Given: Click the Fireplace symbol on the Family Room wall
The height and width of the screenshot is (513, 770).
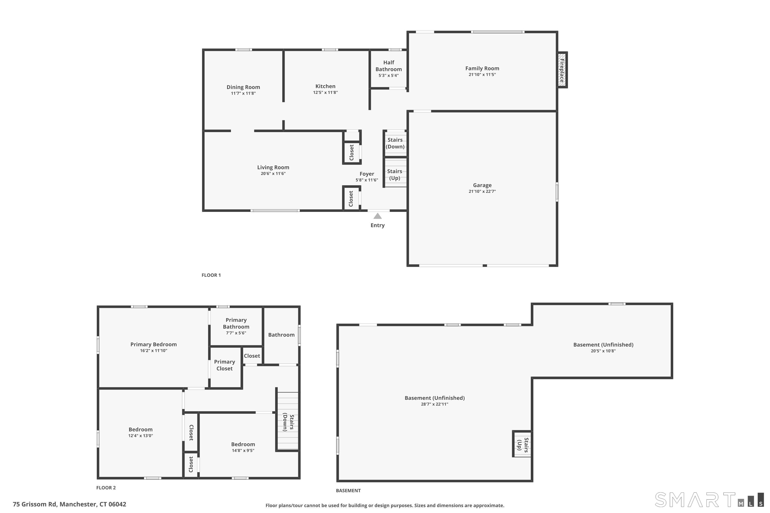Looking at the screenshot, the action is tap(562, 70).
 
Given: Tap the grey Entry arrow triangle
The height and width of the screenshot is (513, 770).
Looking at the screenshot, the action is tap(378, 216).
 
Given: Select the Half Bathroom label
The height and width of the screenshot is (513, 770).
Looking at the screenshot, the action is tap(389, 66).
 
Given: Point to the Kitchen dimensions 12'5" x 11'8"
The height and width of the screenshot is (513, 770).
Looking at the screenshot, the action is tap(325, 93).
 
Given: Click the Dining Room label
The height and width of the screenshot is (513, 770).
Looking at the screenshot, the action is tap(243, 87).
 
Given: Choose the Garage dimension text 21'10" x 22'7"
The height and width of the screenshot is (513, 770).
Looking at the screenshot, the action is tap(482, 191).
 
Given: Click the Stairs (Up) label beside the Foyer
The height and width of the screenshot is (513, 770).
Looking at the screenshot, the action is tap(394, 175).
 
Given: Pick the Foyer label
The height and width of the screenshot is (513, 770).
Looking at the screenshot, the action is tap(367, 174).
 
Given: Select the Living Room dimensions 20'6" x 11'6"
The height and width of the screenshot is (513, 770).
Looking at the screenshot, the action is tap(273, 174).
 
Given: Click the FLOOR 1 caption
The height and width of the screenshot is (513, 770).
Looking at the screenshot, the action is tap(211, 275).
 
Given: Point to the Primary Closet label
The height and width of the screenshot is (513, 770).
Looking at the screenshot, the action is tap(225, 365).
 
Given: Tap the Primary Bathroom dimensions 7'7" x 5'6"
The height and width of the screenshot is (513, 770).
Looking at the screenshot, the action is tap(236, 333).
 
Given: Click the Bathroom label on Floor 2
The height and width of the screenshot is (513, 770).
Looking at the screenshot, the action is tap(281, 335).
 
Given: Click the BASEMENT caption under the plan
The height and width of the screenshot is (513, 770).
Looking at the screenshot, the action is tap(348, 490).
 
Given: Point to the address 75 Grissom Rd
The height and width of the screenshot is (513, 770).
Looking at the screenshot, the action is tap(35, 504).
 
